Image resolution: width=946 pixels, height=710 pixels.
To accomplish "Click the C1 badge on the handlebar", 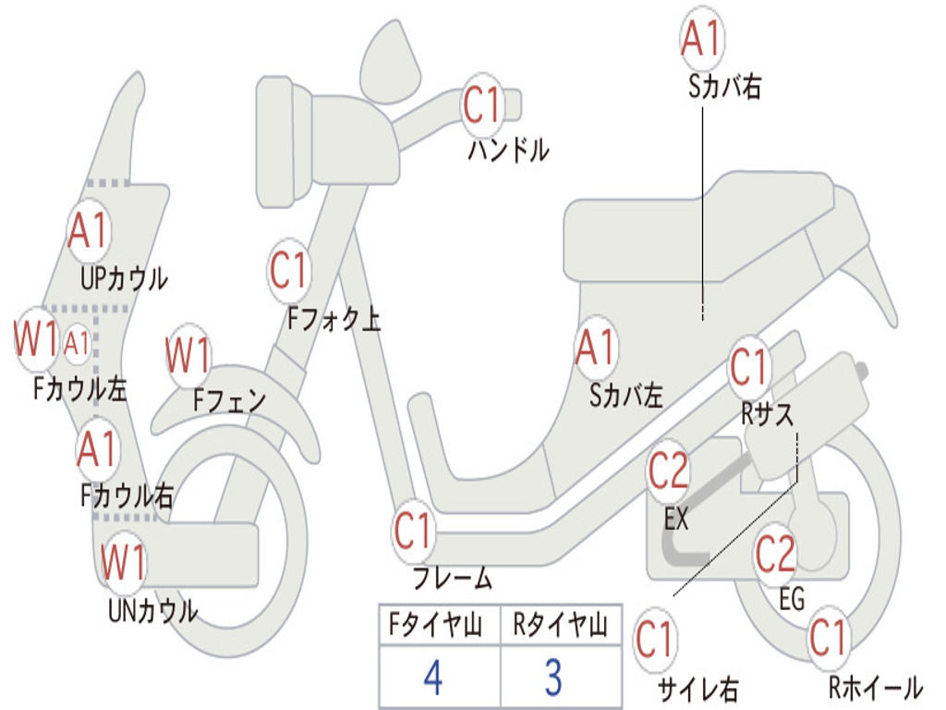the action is [x=481, y=105].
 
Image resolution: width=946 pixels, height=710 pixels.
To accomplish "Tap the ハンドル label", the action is [x=508, y=149].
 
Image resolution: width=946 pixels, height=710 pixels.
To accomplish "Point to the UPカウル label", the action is [x=124, y=277].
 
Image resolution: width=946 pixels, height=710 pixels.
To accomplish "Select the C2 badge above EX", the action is [x=669, y=471].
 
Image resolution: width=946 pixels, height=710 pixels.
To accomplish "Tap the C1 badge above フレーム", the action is [x=414, y=532].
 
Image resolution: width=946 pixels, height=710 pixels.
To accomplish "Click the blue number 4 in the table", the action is [x=432, y=678].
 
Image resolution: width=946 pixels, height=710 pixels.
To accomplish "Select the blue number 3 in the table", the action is [x=552, y=678].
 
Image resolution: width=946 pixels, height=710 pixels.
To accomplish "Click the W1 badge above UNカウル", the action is [x=123, y=562].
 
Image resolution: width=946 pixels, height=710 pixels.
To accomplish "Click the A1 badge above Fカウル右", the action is [x=97, y=450].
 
